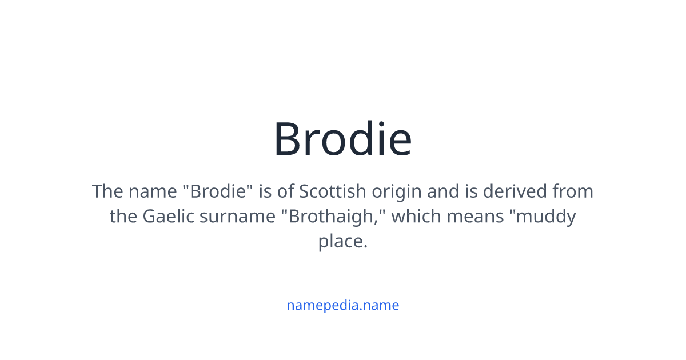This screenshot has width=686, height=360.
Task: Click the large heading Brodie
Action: click(x=342, y=139)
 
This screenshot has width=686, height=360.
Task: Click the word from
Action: click(x=572, y=191)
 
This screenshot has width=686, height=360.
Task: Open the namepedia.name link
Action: click(x=342, y=305)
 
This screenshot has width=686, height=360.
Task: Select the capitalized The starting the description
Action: click(x=107, y=191)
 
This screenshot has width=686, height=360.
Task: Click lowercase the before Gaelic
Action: click(x=123, y=217)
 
